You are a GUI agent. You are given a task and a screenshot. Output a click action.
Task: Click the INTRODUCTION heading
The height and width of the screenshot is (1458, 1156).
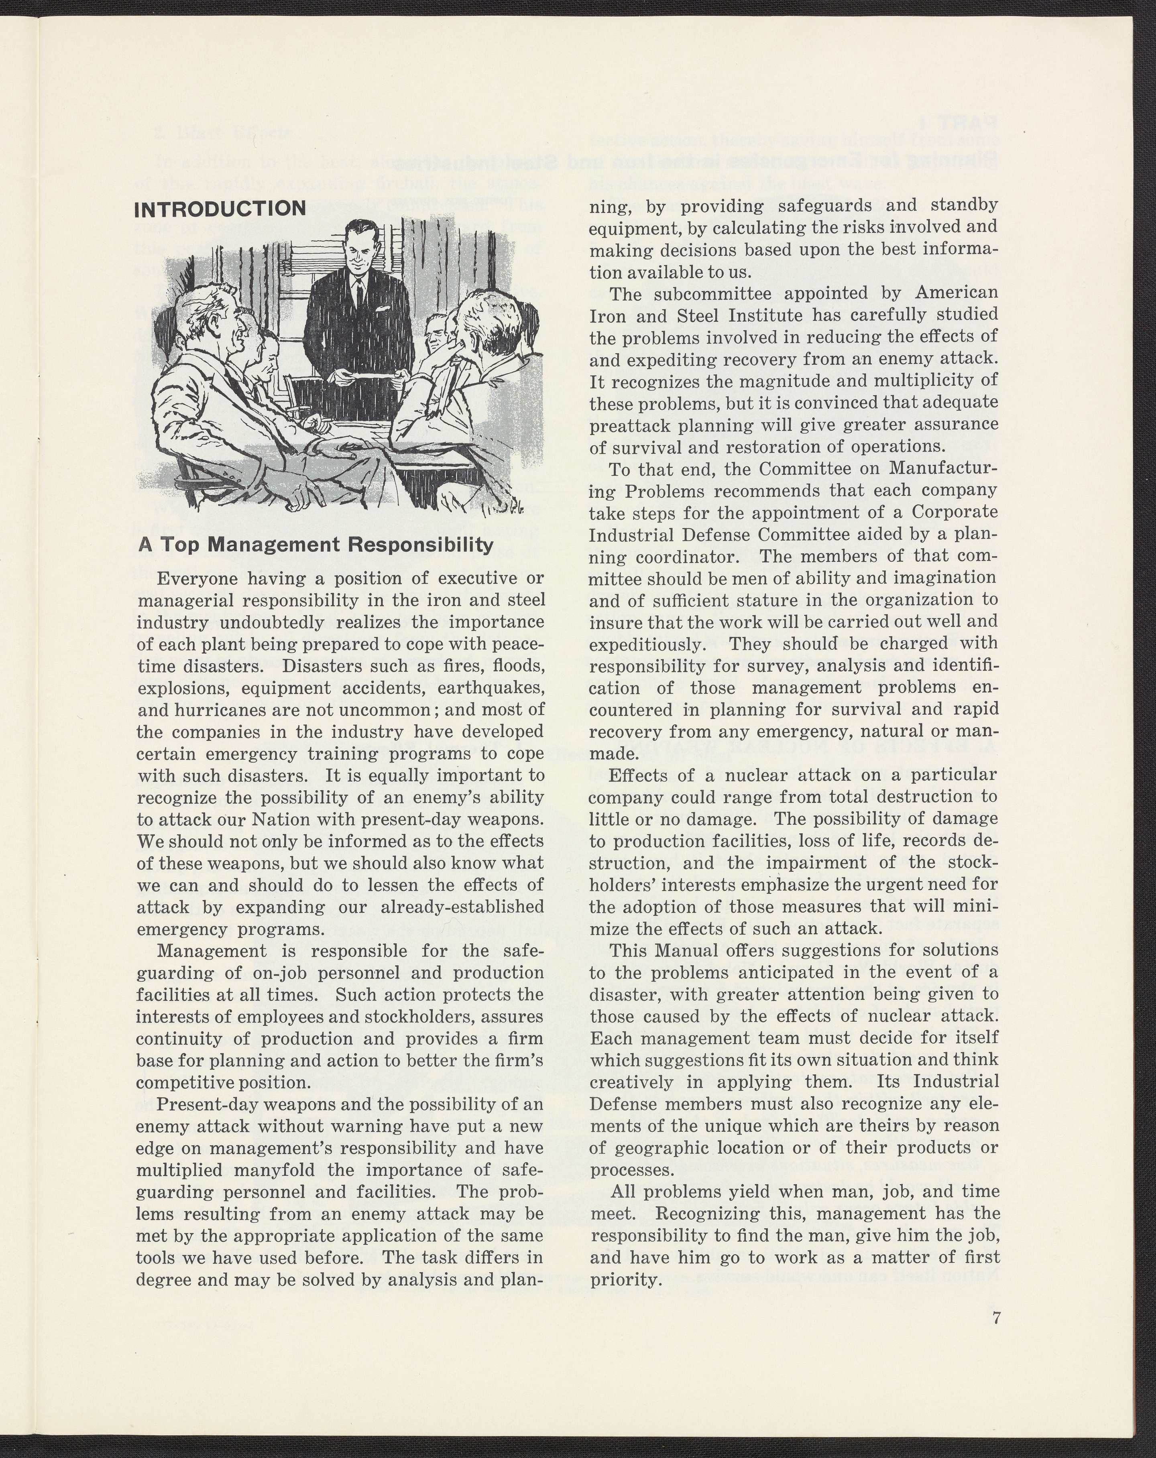click(x=220, y=208)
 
